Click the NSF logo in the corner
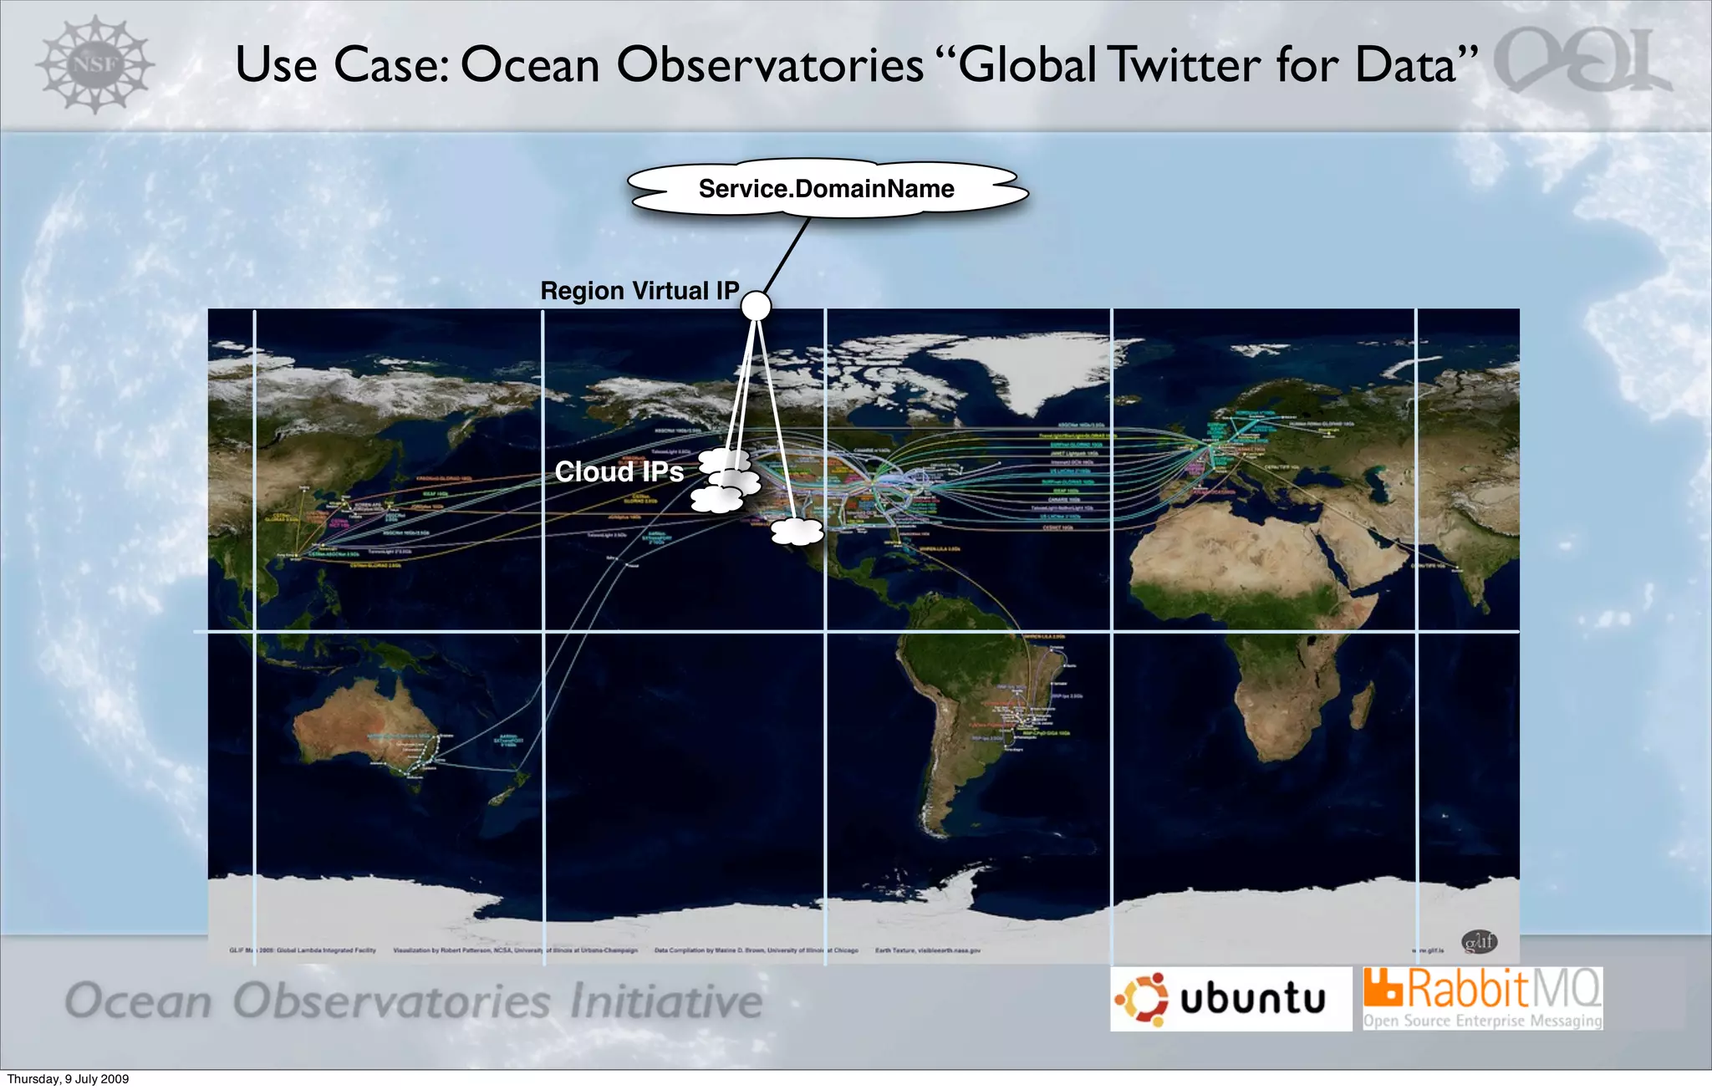click(94, 64)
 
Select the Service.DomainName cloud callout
click(826, 189)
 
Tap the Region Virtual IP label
click(639, 291)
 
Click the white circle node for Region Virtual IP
click(756, 306)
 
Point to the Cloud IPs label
click(619, 472)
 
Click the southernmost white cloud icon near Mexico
click(797, 531)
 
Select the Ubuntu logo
click(1230, 999)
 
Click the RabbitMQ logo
click(1483, 998)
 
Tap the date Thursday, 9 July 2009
click(69, 1079)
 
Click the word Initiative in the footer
click(665, 1001)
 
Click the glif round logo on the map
click(1479, 942)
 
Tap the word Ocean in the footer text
click(139, 1001)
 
